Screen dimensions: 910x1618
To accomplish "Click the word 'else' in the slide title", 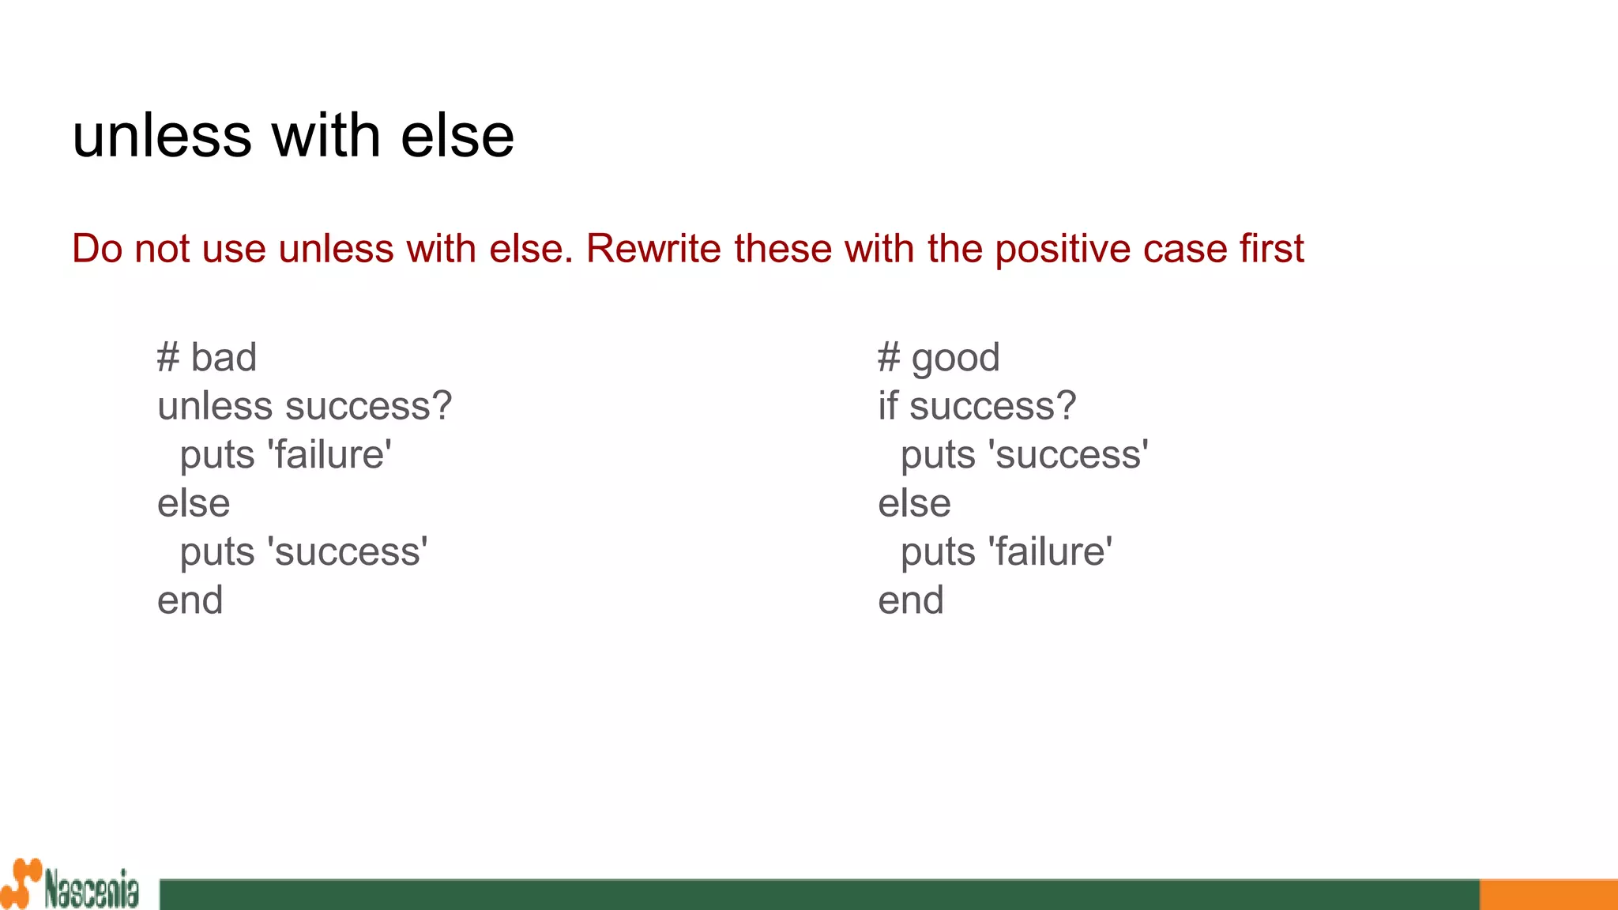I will coord(457,136).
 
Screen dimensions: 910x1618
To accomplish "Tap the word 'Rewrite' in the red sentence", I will coord(653,249).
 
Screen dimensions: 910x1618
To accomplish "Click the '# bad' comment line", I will coord(207,358).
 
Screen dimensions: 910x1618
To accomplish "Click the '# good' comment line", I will coord(939,358).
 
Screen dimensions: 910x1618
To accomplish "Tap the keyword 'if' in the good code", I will coord(888,406).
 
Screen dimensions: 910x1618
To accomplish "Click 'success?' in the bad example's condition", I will coord(369,406).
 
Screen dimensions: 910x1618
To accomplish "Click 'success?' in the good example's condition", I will coord(992,406).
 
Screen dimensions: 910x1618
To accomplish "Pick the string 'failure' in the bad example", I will coord(329,455).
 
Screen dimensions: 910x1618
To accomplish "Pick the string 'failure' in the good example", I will coord(1050,551).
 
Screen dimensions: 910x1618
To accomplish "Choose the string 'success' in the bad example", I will coord(348,551).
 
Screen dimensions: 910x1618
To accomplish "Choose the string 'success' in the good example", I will coord(1068,455).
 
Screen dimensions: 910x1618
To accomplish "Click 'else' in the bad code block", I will coord(194,503).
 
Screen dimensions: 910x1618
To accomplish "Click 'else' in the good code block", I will coord(914,503).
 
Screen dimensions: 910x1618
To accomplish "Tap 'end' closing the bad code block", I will coord(190,600).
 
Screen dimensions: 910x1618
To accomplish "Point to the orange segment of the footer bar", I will coord(1548,894).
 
